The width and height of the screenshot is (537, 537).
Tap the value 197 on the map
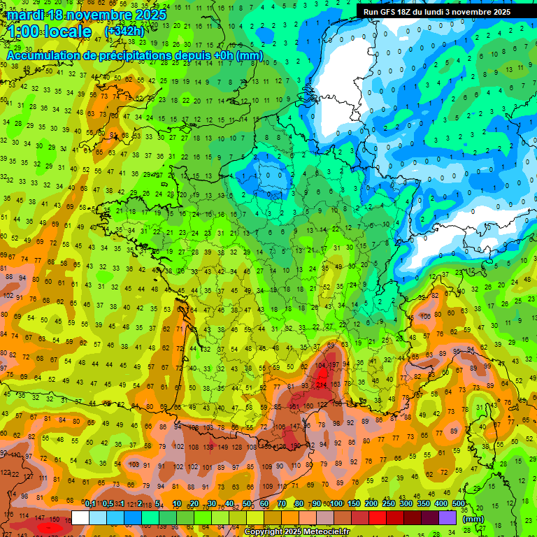tap(335, 365)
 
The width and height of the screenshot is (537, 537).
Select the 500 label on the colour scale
tap(459, 504)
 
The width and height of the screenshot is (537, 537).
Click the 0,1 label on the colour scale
tap(90, 504)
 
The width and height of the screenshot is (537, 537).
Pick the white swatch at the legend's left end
tap(80, 517)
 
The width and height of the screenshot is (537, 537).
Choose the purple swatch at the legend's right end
tap(447, 517)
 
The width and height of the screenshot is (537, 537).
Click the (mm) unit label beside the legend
tap(473, 519)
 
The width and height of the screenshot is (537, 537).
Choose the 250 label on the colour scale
tap(388, 504)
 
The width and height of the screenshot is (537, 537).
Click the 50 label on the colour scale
tap(247, 504)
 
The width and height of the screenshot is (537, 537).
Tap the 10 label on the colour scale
tap(177, 504)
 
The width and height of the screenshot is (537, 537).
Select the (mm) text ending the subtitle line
tap(250, 55)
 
